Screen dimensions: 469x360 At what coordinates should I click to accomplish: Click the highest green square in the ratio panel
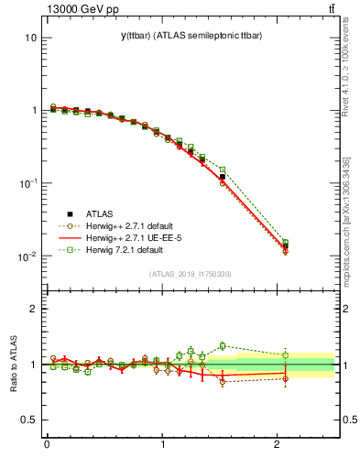tap(223, 345)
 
